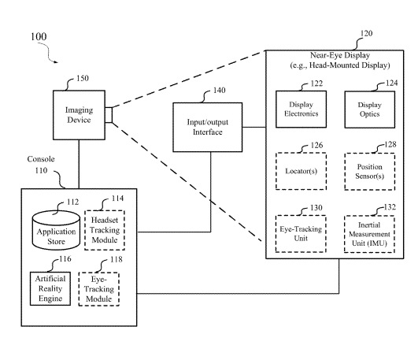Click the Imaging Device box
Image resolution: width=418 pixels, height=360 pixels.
pos(79,115)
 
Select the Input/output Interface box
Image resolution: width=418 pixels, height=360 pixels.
pos(208,128)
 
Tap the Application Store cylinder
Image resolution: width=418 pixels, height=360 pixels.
pos(56,230)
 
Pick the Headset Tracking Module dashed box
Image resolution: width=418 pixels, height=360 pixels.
pos(105,230)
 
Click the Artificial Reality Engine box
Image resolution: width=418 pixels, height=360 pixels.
pos(50,288)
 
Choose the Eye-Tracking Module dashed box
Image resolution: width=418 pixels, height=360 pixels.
pos(99,289)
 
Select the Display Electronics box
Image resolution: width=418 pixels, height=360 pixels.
pos(301,109)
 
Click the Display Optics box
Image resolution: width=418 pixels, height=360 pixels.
pos(370,109)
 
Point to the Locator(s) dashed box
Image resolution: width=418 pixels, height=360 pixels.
pos(301,171)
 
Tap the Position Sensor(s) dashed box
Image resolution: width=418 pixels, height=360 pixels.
pos(370,172)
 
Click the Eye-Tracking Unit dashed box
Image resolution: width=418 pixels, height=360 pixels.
pos(301,234)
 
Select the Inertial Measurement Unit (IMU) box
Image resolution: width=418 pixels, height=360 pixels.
pos(369,234)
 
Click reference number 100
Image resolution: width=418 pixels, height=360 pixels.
pos(39,36)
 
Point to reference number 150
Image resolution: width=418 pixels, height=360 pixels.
pos(83,78)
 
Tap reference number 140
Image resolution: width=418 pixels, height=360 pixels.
pos(219,91)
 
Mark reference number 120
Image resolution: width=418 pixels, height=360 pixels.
pos(366,33)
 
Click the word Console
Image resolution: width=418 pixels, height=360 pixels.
pos(41,159)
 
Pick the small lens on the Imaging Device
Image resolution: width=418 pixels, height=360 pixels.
pos(109,115)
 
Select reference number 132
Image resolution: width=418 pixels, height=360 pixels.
pos(390,207)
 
